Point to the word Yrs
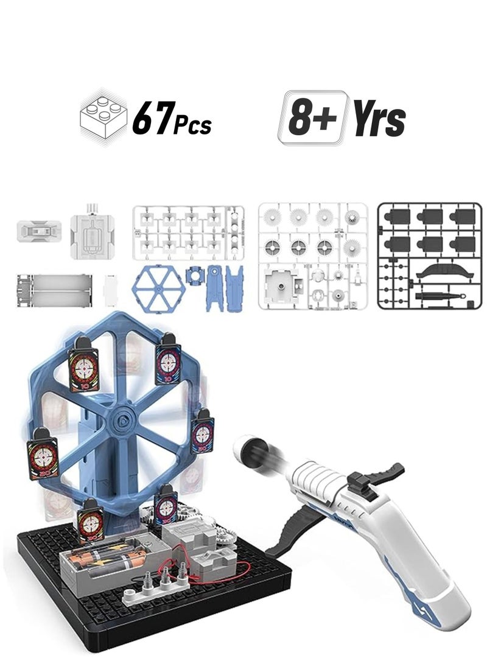point(379,119)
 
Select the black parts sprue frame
point(429,256)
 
